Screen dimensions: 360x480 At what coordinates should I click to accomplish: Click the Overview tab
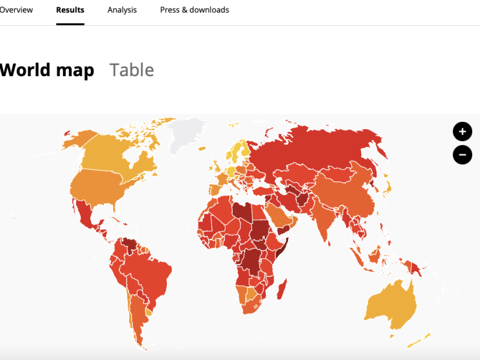pos(16,10)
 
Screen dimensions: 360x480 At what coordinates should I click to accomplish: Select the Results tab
pos(70,10)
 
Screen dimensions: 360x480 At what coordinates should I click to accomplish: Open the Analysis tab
pos(122,10)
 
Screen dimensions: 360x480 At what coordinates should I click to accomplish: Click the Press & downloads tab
pos(194,10)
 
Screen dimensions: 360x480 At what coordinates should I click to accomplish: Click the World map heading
pos(47,70)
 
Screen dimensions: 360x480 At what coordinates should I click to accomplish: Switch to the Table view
pos(131,70)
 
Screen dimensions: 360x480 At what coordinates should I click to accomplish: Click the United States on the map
pos(108,186)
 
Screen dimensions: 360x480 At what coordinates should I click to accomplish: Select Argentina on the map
pos(137,318)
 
